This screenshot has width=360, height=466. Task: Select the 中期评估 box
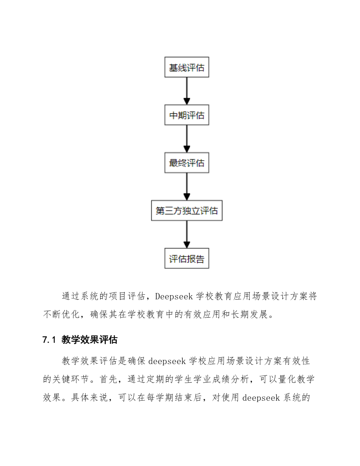(187, 115)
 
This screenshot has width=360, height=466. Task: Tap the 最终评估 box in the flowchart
(187, 163)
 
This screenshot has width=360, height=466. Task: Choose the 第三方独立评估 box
(187, 210)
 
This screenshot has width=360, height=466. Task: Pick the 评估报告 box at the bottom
(187, 258)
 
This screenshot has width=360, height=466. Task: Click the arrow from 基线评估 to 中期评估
(187, 91)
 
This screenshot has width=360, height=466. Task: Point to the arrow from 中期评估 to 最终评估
(187, 139)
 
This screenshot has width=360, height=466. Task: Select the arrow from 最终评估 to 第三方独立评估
(187, 187)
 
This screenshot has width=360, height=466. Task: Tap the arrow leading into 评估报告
(187, 234)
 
